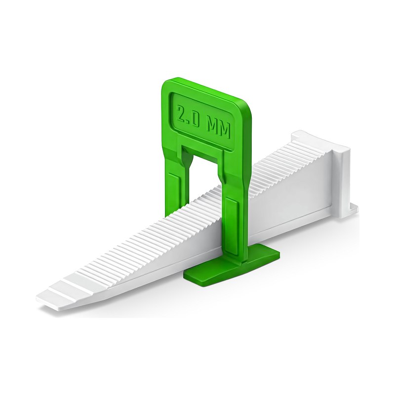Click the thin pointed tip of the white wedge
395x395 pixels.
[x=38, y=299]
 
